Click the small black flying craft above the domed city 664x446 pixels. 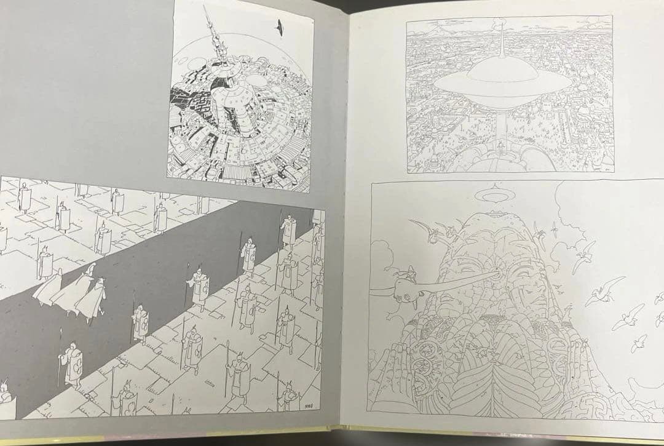[281, 26]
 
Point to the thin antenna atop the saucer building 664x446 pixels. [502, 43]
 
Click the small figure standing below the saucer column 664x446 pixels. [501, 146]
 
